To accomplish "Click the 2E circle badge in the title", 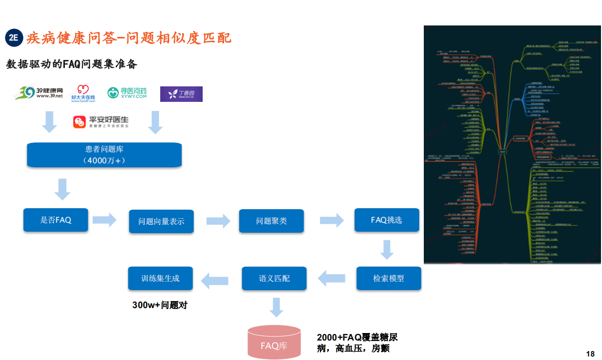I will click(14, 38).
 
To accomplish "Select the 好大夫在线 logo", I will click(83, 93).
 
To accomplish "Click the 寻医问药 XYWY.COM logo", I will click(127, 93).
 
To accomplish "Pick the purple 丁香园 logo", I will click(181, 94).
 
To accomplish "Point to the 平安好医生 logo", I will click(101, 122).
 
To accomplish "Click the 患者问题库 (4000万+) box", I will click(104, 154).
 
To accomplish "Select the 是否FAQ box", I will click(55, 220).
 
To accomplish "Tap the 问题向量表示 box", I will click(161, 221).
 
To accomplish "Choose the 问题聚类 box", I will click(271, 221).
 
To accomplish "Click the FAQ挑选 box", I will click(386, 220).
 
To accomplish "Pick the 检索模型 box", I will click(388, 278).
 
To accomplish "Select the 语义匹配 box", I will click(274, 278).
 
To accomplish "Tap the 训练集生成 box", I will click(160, 278).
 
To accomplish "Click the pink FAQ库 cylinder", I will click(274, 343).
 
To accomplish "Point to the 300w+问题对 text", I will click(160, 305).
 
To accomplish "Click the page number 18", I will click(590, 354).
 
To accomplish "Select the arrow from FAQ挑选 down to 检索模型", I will click(387, 250).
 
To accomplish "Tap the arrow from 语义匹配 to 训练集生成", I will click(215, 279).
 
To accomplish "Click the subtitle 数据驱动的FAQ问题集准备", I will click(71, 64).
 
